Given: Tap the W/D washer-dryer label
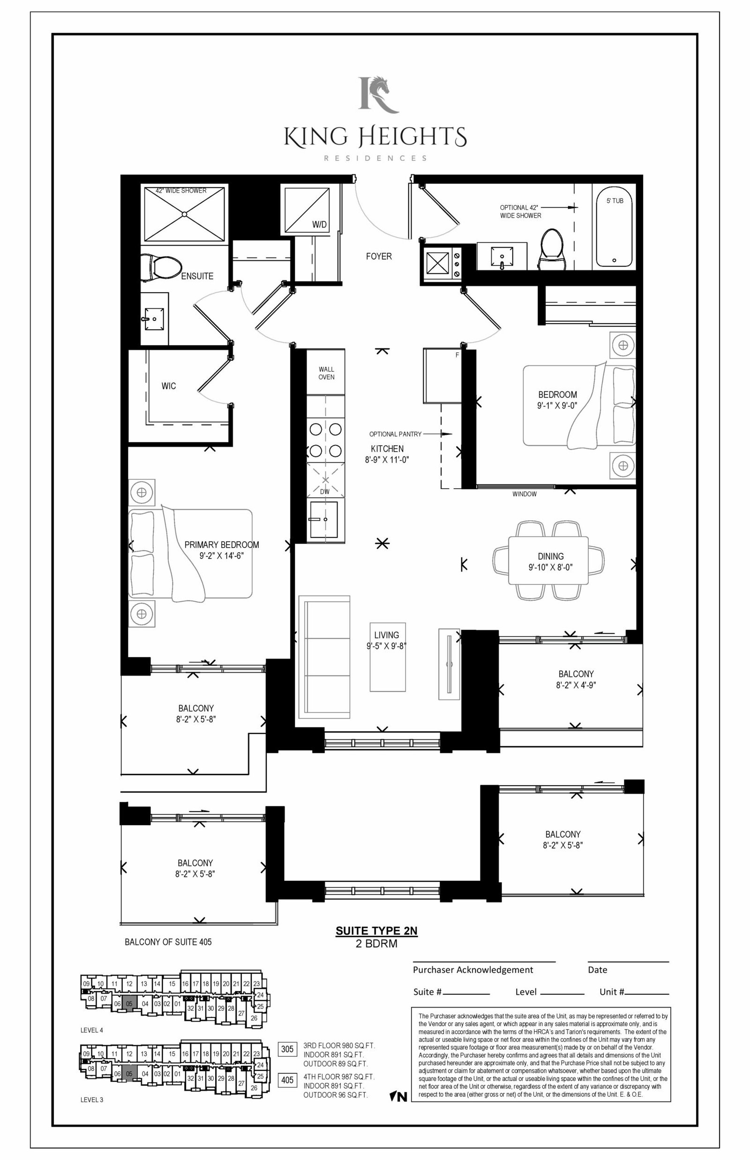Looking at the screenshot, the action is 320,225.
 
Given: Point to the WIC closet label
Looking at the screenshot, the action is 168,386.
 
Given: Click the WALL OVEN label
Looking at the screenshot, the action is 326,373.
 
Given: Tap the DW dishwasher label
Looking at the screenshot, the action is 325,492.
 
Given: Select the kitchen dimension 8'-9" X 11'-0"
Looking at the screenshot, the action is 387,459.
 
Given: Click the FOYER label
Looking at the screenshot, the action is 379,256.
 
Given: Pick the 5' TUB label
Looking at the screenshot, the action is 615,201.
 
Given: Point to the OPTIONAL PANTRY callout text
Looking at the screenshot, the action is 396,434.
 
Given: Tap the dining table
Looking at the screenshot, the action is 548,560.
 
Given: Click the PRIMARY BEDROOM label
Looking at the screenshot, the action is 222,545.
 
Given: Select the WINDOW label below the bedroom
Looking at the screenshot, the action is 525,494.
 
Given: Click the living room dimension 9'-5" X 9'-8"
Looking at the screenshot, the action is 387,646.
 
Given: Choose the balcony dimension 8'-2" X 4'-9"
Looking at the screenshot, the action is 576,685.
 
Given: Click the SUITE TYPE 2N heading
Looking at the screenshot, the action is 376,931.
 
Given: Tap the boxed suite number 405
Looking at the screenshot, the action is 287,1080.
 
